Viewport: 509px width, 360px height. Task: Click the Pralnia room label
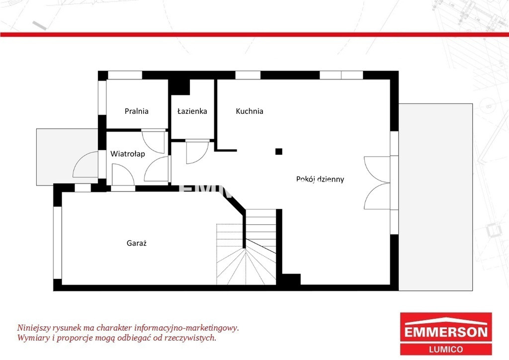click(136, 111)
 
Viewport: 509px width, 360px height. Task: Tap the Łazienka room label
click(192, 111)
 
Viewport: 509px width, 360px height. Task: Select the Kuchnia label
click(250, 111)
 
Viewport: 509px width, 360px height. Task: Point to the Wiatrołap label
click(128, 154)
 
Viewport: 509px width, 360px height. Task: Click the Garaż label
click(137, 243)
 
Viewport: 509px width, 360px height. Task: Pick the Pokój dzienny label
click(320, 179)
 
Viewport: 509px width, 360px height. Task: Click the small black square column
click(279, 151)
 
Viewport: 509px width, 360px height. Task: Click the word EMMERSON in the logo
click(446, 332)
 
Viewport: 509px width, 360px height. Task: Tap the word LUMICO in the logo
click(446, 349)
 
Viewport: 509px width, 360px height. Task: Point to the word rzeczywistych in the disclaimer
click(189, 338)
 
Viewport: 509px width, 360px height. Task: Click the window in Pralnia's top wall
click(125, 75)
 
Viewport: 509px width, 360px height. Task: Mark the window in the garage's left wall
click(58, 243)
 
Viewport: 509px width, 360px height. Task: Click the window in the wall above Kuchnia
click(248, 75)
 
